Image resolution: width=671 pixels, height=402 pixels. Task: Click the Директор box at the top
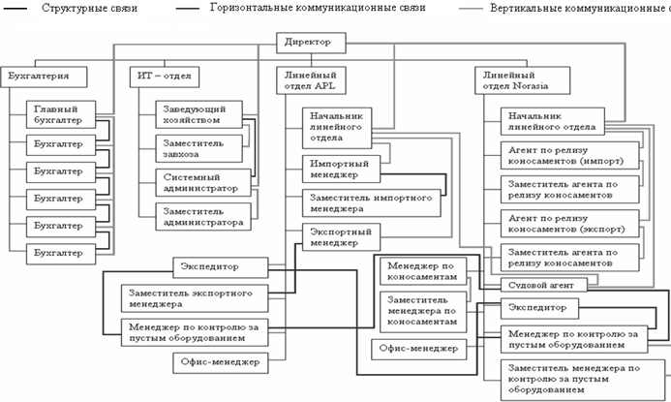310,43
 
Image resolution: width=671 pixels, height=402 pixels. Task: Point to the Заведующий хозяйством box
200,114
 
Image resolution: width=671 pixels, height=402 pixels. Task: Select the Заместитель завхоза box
199,148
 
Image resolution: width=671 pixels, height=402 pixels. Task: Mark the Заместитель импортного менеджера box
357,202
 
